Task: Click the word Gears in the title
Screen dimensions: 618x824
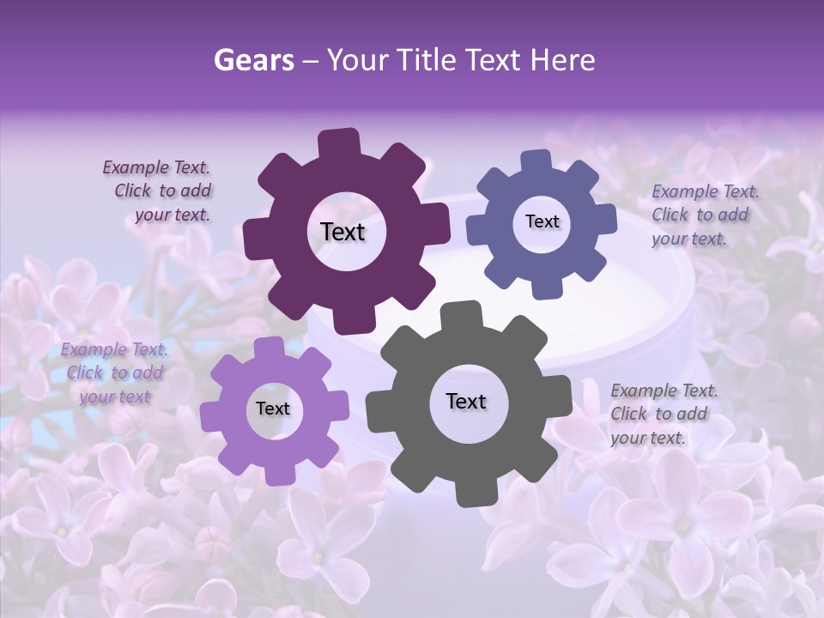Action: point(253,60)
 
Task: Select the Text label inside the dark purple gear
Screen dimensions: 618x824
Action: point(342,232)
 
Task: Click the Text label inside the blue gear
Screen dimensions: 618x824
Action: point(542,221)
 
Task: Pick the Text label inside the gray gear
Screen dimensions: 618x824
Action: point(466,402)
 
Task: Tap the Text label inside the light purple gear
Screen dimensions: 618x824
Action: point(273,409)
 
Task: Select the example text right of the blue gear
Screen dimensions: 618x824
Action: point(704,215)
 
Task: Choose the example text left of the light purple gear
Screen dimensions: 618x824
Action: point(114,373)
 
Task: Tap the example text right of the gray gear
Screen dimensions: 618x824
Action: point(663,414)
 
